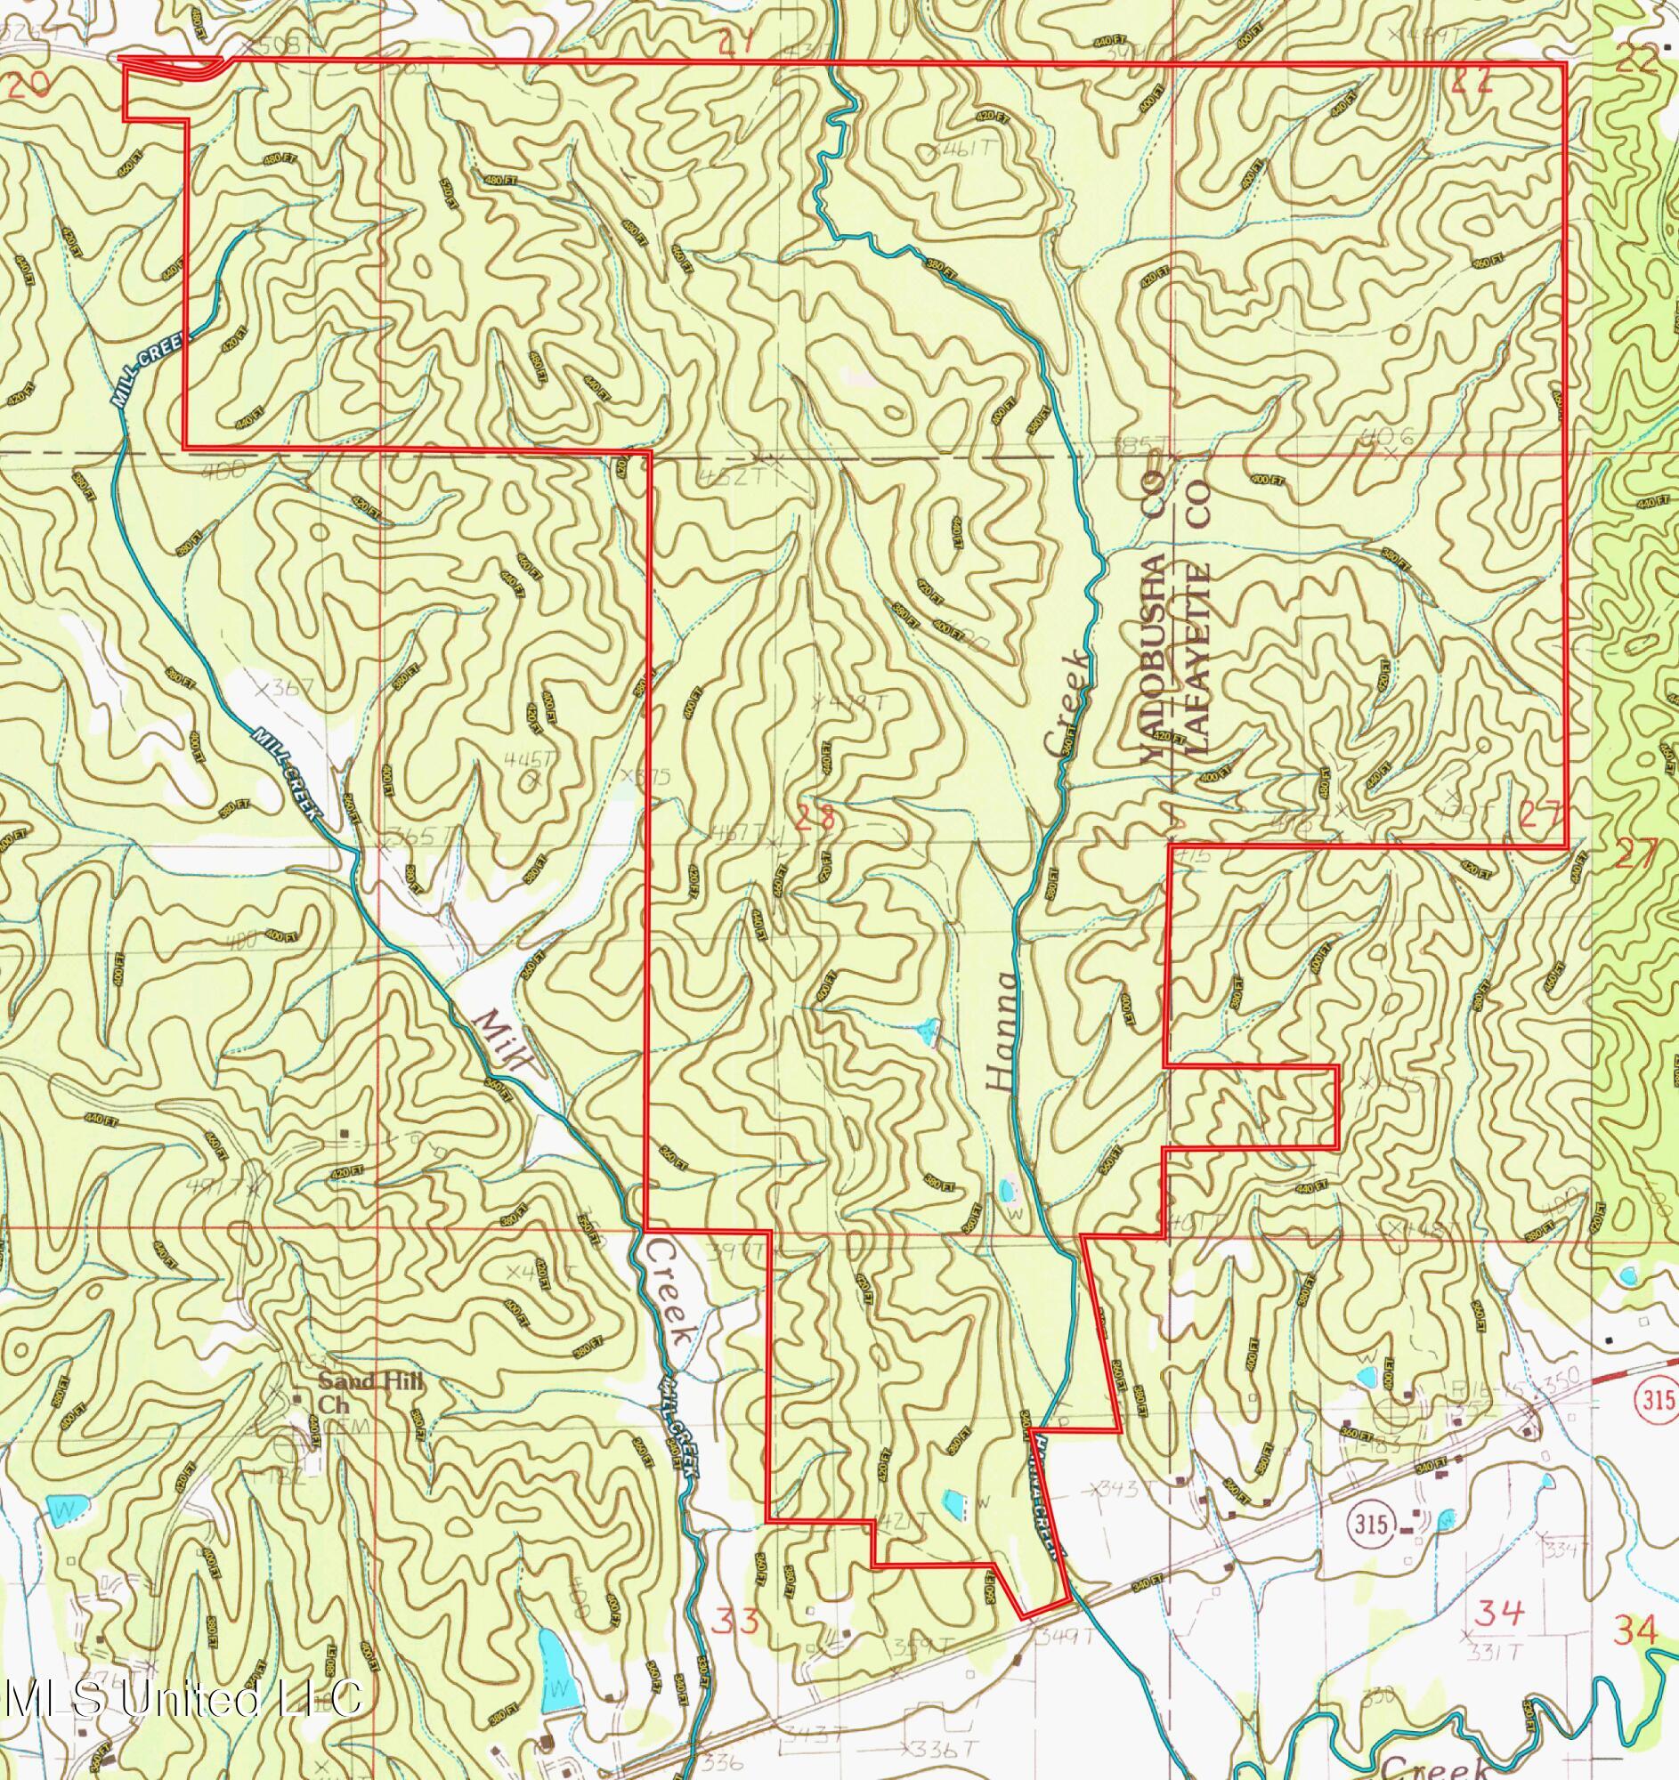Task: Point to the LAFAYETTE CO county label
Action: pyautogui.click(x=1198, y=618)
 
